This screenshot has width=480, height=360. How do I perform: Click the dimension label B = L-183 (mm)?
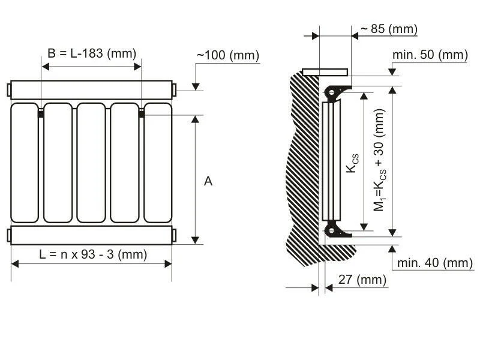[92, 53]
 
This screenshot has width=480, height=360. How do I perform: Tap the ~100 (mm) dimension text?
[228, 55]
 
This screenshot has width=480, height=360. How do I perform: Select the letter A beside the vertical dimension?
[208, 181]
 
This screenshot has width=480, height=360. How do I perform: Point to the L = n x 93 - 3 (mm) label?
[93, 254]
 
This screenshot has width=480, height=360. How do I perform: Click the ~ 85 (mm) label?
[389, 29]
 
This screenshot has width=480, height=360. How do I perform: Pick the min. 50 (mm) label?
[430, 55]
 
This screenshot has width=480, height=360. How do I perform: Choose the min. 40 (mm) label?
[435, 263]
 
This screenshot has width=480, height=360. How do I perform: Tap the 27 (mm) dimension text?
[362, 280]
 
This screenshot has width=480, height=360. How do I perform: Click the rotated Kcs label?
[352, 163]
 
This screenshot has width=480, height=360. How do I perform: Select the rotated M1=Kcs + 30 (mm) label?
[380, 160]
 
